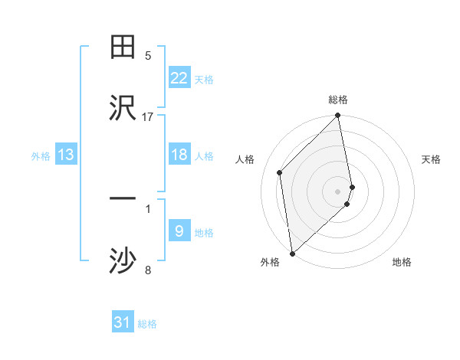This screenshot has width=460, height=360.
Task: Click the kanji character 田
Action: coord(123,48)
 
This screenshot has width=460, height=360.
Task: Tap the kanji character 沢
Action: coord(123,108)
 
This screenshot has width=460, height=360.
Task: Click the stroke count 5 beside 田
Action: coord(148,55)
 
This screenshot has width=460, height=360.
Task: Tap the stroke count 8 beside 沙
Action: coord(148,270)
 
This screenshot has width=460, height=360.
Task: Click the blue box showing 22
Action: coord(179,78)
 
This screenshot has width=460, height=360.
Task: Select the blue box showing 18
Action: coord(179,155)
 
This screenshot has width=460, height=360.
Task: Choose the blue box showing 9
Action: coord(179,231)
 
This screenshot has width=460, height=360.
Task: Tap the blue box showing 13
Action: coord(66,155)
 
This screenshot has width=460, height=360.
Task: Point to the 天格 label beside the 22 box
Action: coord(204,79)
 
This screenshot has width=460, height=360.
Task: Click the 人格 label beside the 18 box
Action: coord(204,155)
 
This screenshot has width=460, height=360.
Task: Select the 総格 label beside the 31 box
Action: coord(147,323)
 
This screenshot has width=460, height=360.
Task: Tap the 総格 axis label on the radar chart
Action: coord(338,100)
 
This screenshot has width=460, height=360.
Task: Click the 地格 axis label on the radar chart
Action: coord(402,262)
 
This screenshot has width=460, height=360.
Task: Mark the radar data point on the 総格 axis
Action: coord(338,116)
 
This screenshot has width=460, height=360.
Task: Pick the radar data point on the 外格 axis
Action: coord(292,253)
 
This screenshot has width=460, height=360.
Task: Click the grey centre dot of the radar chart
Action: coord(338,191)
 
